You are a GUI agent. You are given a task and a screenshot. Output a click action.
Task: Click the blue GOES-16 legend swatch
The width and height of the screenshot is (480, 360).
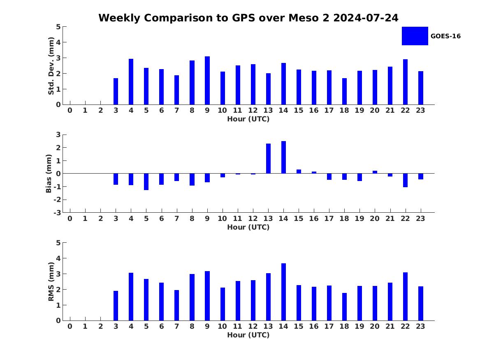tap(415, 36)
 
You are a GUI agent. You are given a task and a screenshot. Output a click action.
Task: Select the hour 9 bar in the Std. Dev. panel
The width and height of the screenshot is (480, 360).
tap(207, 81)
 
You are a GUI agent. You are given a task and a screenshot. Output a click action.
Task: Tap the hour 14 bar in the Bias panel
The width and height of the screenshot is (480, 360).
tap(283, 157)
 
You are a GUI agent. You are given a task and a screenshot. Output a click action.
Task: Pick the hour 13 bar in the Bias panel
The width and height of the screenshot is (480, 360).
tap(268, 158)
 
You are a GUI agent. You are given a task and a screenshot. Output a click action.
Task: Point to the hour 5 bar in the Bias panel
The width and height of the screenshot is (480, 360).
tap(146, 181)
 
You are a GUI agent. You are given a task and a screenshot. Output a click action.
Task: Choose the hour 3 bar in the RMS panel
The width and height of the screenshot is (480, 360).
tap(116, 306)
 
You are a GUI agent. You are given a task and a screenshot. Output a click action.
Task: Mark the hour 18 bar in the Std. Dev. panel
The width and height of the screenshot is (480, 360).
tap(344, 91)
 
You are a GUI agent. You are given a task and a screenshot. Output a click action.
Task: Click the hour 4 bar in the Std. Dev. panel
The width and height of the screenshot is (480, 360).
tap(131, 82)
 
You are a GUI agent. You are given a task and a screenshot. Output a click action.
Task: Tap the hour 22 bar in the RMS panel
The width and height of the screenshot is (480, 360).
tap(405, 296)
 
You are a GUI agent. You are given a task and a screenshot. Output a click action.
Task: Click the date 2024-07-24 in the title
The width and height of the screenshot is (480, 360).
tap(366, 18)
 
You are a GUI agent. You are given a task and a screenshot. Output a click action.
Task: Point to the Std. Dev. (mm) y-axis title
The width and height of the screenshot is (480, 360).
tap(51, 66)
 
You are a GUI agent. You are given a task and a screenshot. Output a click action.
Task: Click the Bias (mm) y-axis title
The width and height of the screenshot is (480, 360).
tap(49, 174)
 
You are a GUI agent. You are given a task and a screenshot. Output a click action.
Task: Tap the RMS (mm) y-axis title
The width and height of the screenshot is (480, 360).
tap(51, 281)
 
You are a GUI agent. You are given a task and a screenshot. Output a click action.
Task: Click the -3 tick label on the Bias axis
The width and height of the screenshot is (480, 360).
tap(58, 213)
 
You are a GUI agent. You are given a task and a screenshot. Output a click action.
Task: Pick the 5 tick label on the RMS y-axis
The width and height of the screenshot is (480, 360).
tap(58, 243)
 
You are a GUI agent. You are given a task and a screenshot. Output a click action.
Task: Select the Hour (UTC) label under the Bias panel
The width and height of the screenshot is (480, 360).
tap(248, 227)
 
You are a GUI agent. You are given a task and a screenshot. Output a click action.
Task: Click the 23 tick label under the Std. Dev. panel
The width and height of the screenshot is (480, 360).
tap(420, 110)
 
